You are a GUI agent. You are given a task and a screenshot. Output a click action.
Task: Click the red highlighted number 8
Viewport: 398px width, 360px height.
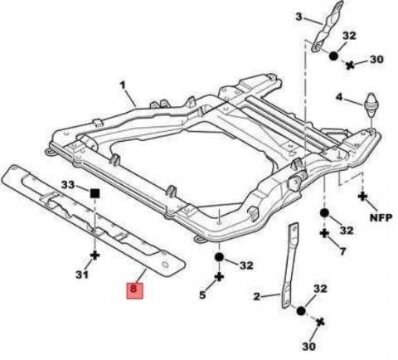(134, 290)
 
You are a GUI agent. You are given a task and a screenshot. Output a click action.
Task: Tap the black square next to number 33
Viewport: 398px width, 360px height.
(95, 193)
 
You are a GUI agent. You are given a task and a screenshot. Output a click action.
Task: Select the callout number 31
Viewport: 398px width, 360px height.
(82, 275)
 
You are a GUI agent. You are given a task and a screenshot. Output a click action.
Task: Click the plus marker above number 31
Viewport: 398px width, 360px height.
(95, 255)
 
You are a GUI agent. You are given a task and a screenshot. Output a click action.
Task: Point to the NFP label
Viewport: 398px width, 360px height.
(381, 217)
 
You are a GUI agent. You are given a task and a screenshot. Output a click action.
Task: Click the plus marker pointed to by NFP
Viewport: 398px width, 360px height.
(362, 197)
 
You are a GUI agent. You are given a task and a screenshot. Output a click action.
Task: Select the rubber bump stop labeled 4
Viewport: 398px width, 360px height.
(371, 105)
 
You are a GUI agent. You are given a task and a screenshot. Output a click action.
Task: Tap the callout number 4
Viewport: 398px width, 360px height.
(339, 97)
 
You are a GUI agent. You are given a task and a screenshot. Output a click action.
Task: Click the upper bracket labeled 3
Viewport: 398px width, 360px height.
(328, 27)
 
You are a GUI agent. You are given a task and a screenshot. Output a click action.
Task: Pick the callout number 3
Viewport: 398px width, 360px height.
(298, 17)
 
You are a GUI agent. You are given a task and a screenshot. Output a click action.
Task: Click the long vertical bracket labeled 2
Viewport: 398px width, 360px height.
(289, 265)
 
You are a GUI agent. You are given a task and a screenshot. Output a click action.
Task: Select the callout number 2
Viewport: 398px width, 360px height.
(257, 297)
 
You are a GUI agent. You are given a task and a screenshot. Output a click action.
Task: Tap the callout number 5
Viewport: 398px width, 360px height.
(202, 294)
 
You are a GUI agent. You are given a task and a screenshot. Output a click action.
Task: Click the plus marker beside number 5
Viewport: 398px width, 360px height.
(219, 276)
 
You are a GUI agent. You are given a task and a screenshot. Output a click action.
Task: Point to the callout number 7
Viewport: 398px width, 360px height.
(342, 251)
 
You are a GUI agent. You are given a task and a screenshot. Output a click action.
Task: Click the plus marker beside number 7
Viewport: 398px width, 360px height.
(324, 233)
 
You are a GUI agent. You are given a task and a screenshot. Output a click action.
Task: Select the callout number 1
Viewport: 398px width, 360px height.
(123, 85)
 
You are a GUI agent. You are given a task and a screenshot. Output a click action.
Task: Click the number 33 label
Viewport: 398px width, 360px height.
(68, 184)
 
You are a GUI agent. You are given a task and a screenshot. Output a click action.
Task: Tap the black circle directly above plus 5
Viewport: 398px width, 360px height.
(219, 257)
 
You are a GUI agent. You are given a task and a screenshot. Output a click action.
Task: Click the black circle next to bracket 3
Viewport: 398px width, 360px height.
(333, 56)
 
